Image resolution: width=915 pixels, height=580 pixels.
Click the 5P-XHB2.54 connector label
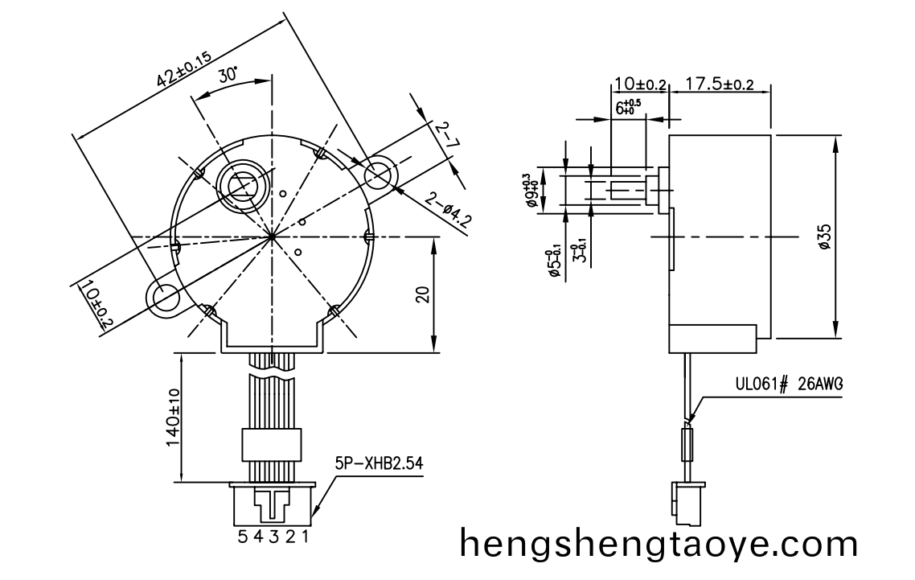[379, 464]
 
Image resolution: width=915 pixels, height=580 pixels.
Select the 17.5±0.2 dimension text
[720, 84]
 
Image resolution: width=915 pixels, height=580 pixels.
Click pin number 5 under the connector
[242, 537]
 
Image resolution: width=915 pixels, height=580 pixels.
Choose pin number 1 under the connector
[305, 537]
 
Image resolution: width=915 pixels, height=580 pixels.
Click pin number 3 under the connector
[273, 537]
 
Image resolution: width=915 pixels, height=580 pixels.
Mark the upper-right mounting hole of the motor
[379, 175]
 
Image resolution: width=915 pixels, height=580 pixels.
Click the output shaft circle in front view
[242, 184]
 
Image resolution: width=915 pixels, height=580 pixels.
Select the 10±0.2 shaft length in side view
[640, 84]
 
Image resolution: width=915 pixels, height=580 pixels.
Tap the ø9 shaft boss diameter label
[531, 191]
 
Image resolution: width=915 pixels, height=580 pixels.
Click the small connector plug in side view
[684, 500]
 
